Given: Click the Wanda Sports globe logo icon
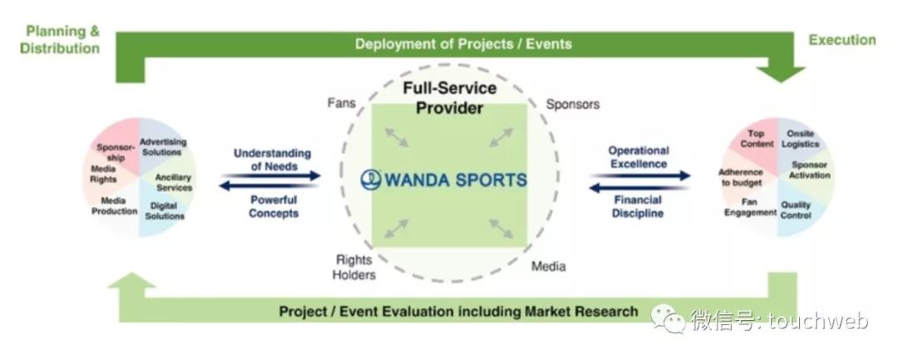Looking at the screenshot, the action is [x=371, y=180].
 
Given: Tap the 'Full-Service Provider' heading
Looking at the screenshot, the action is [x=450, y=98].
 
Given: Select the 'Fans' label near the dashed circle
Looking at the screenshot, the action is [x=342, y=103].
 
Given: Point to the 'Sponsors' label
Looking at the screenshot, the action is [x=573, y=104].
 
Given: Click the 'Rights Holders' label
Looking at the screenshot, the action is [x=354, y=267].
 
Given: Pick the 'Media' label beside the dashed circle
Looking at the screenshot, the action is [x=549, y=266].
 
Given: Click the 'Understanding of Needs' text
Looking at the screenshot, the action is [x=273, y=160].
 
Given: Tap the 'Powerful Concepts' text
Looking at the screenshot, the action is [x=274, y=207].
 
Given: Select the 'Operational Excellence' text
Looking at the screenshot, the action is [x=639, y=157].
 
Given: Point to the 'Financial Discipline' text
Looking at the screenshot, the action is [x=638, y=207].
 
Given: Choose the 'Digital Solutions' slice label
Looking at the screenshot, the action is [x=165, y=210].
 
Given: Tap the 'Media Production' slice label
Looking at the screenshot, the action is [x=115, y=206].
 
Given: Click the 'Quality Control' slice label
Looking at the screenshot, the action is [x=796, y=210].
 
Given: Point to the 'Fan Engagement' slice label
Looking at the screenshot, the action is [x=750, y=207].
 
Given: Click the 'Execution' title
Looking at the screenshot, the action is [x=841, y=40].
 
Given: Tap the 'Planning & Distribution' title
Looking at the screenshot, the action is [x=60, y=39].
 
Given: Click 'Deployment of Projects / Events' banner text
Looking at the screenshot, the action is [x=463, y=44].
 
